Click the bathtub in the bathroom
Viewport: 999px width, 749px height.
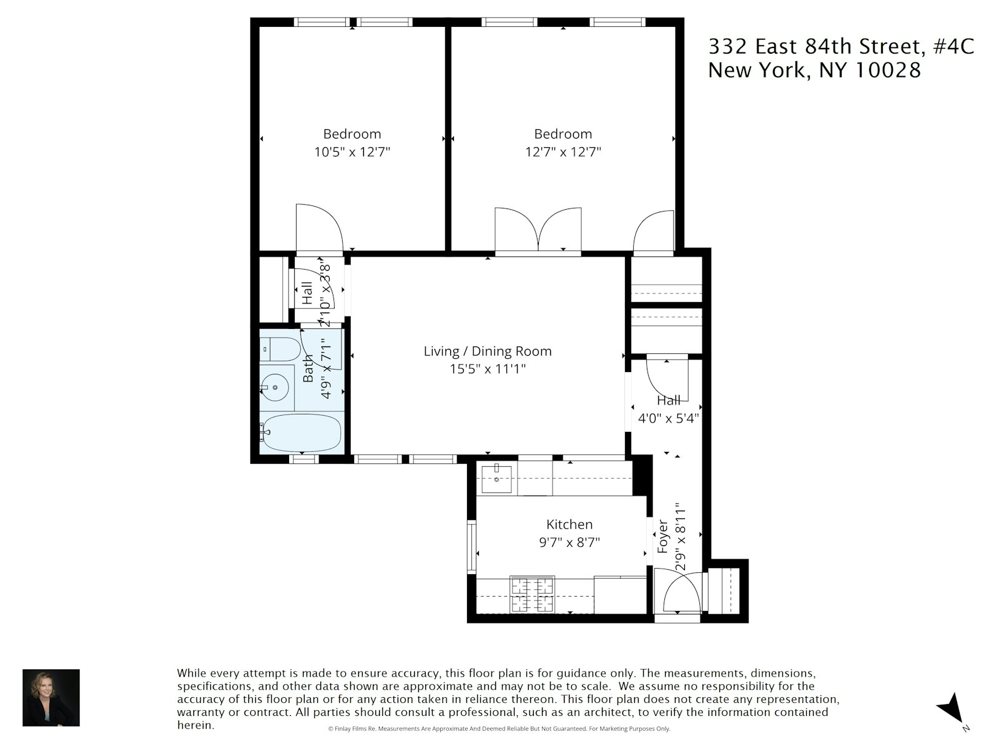[302, 432]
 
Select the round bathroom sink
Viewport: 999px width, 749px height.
[275, 387]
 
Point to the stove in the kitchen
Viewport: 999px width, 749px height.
[532, 594]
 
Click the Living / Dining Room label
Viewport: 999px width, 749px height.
[488, 351]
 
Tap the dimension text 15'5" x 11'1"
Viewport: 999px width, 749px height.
[488, 369]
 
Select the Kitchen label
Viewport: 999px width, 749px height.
[569, 524]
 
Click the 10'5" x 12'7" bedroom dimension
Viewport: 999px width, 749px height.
[352, 152]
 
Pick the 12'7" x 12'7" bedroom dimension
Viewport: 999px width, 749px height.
[563, 152]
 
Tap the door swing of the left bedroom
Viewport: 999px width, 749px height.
[318, 228]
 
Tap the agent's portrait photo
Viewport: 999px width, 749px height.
[51, 698]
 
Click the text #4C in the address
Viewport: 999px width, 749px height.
[953, 47]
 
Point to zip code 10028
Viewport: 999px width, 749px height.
[887, 70]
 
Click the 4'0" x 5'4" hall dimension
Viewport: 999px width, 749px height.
[667, 419]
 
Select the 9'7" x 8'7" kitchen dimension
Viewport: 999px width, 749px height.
[569, 542]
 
